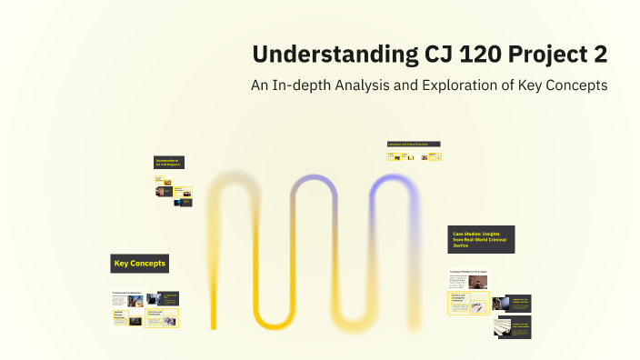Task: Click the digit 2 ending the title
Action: tap(600, 55)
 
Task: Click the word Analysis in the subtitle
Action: tap(379, 85)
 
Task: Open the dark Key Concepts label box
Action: tap(140, 265)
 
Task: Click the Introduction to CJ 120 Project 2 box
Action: tap(172, 163)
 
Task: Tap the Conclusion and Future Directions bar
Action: tap(415, 145)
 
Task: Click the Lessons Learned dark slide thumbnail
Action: tap(514, 326)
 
